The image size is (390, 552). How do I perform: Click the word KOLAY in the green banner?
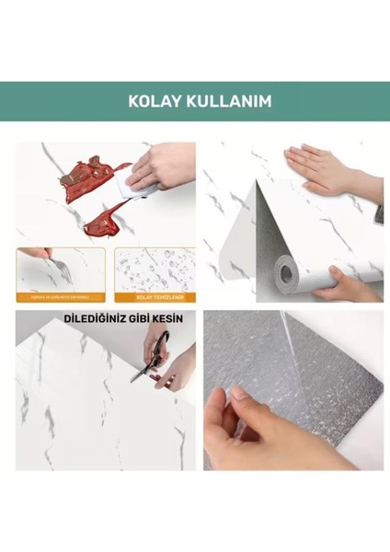(x=155, y=101)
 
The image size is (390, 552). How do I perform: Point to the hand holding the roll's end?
(x=350, y=281)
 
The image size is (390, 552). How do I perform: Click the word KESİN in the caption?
(x=168, y=318)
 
